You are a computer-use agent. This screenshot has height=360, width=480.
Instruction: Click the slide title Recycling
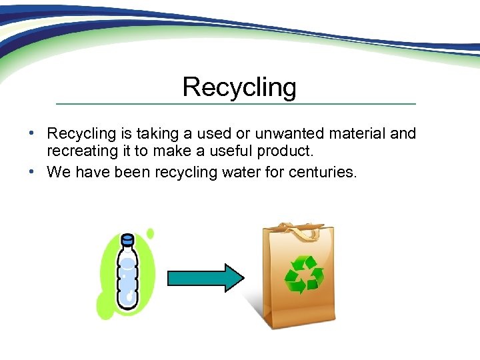(x=239, y=87)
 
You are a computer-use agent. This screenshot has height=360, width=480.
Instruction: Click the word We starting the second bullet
(x=59, y=173)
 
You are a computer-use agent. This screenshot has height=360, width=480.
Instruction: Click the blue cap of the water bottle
(x=127, y=239)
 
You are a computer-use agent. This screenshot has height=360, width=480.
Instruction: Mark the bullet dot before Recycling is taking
(x=32, y=134)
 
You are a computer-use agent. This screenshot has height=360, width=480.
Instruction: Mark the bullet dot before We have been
(x=32, y=173)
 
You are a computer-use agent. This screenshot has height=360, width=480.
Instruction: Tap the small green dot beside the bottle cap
(x=150, y=233)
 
